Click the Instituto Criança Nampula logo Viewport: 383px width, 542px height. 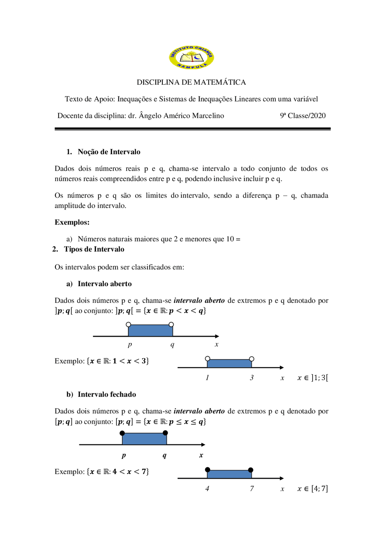click(x=191, y=57)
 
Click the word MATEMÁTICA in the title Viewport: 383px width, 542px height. click(x=220, y=82)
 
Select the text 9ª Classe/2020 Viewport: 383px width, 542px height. click(x=303, y=116)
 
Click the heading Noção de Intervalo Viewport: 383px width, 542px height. click(x=109, y=152)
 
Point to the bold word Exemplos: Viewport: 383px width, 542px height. click(x=72, y=222)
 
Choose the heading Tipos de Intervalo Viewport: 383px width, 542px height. click(x=94, y=249)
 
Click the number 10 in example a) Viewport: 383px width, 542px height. click(x=230, y=239)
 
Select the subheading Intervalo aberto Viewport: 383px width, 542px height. click(x=104, y=284)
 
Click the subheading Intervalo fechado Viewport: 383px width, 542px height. click(x=107, y=394)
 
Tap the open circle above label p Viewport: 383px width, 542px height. click(x=128, y=324)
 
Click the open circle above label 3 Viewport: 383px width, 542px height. click(x=252, y=359)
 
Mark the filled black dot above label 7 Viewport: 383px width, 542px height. click(x=251, y=470)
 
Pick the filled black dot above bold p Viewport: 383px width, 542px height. click(x=122, y=433)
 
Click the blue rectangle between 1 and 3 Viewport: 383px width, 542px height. click(x=229, y=364)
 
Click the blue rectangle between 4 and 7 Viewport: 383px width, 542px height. click(x=229, y=474)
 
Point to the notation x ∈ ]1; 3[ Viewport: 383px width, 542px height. click(x=313, y=378)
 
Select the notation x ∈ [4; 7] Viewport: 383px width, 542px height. click(x=313, y=489)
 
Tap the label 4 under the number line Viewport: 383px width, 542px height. click(x=207, y=489)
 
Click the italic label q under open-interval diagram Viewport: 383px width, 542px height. click(x=172, y=344)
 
